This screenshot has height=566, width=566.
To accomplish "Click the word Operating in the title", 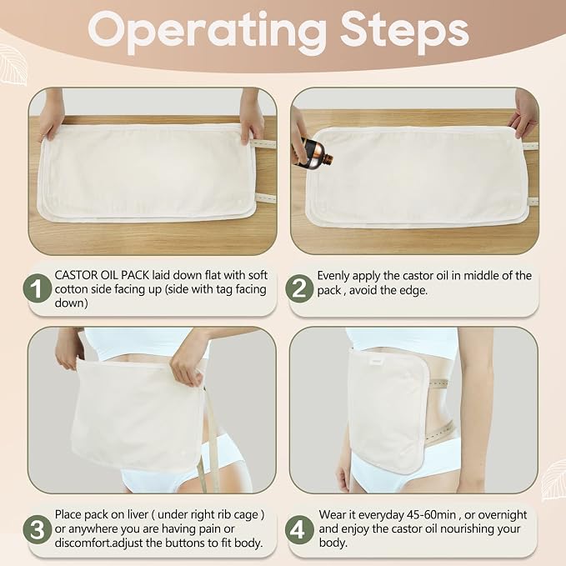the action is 208,33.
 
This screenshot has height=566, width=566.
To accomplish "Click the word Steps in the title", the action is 404,33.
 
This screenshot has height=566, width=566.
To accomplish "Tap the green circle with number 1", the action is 38,288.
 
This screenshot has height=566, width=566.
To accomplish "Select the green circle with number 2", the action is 299,288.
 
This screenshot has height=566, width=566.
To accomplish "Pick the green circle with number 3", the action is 38,530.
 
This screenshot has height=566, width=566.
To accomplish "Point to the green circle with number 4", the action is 299,530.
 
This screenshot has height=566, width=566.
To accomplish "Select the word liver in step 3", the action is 138,515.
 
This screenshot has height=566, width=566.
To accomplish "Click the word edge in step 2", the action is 414,291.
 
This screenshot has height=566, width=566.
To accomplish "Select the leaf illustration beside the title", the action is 13,65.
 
